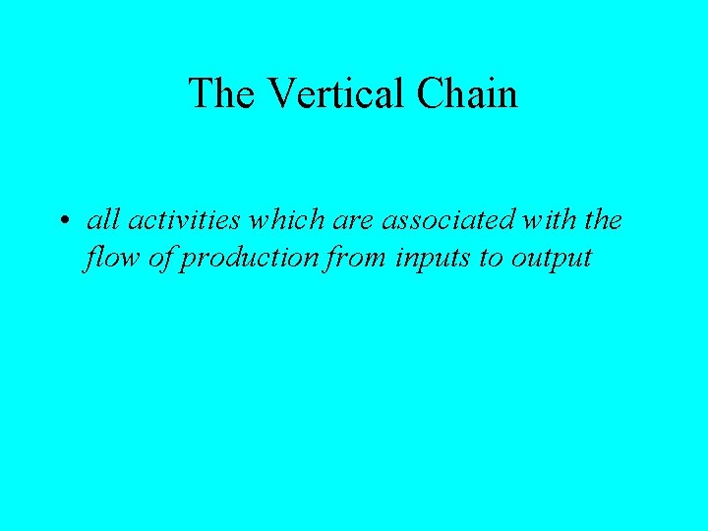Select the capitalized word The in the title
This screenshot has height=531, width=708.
(x=223, y=93)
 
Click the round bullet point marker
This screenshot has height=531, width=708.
(x=62, y=221)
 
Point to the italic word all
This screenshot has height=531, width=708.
(x=98, y=220)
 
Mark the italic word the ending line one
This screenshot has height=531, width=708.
(x=602, y=220)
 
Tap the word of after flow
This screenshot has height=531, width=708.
(x=157, y=258)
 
